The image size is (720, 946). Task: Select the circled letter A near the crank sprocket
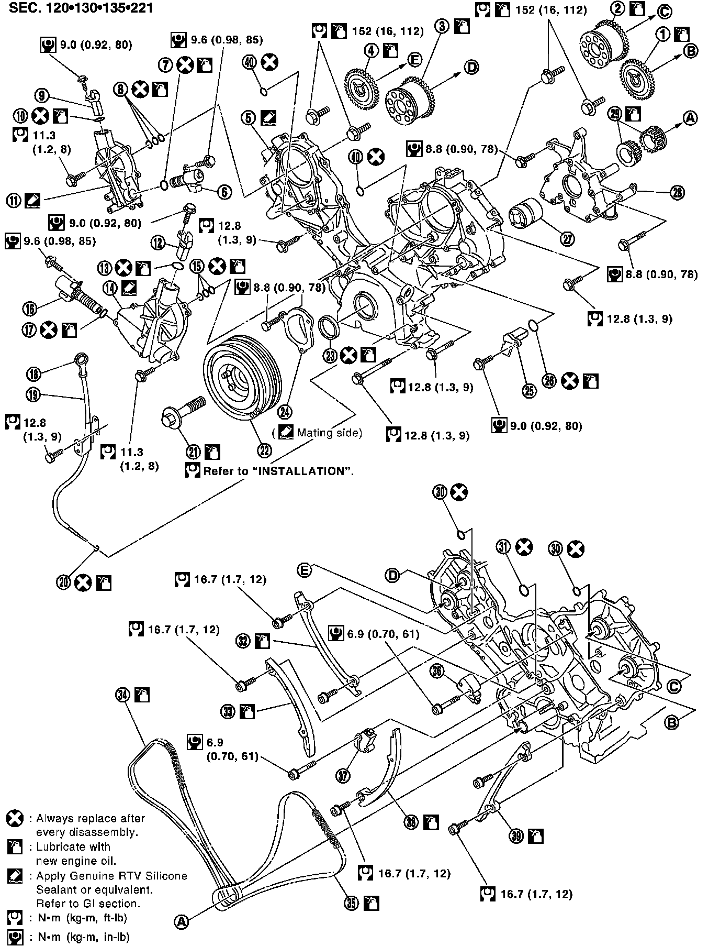[690, 119]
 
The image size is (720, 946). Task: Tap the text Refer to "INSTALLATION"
[278, 471]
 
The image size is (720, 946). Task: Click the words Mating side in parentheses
[329, 433]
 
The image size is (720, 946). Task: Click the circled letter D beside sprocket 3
[471, 67]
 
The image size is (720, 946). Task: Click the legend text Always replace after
[90, 818]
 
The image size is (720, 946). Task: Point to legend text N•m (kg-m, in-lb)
[83, 937]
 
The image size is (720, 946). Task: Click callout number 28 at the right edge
[677, 193]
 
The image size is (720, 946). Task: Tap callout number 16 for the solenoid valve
[30, 309]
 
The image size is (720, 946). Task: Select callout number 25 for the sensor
[529, 391]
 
